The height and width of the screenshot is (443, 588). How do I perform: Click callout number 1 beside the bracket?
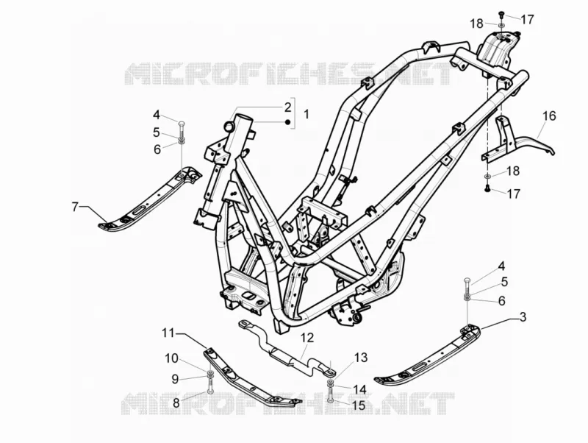(306, 114)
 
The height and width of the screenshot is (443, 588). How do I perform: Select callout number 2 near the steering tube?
(287, 107)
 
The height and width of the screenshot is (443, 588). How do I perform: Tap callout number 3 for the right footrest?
(523, 317)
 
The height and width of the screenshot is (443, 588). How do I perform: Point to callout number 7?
(75, 207)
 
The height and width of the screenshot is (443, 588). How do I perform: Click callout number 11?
(169, 333)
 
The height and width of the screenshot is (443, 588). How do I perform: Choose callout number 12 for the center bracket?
(306, 337)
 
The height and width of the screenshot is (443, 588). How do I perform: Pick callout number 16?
(549, 116)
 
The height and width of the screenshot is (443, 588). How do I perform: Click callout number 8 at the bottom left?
(176, 403)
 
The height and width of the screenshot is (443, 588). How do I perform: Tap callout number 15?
(359, 405)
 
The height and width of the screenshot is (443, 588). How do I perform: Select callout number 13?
(361, 358)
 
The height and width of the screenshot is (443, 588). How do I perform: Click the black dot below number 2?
(287, 121)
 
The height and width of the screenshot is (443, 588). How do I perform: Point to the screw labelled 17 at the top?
(501, 14)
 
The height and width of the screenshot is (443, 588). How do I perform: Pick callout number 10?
(171, 358)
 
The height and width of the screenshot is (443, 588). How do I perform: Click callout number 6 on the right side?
(501, 301)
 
